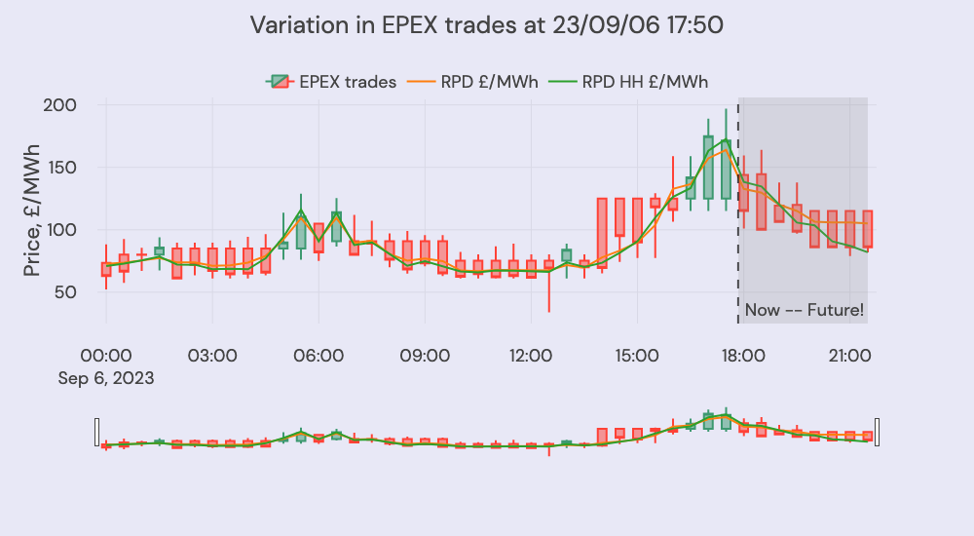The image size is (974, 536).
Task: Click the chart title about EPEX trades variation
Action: [486, 25]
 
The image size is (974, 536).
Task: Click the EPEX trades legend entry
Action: [332, 82]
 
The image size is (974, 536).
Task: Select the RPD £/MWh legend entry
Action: [478, 82]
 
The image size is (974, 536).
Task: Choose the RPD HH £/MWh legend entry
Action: [629, 82]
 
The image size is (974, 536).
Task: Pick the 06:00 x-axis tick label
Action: [318, 357]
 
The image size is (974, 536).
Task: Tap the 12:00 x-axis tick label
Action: [530, 357]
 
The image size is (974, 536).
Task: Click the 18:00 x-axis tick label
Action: [742, 357]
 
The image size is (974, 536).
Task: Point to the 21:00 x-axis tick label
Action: [848, 357]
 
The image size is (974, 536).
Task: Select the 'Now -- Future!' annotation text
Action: [805, 312]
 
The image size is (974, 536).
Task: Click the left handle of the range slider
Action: [96, 432]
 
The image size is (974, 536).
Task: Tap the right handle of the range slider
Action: [878, 432]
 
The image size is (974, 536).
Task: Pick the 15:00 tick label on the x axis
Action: [636, 357]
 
